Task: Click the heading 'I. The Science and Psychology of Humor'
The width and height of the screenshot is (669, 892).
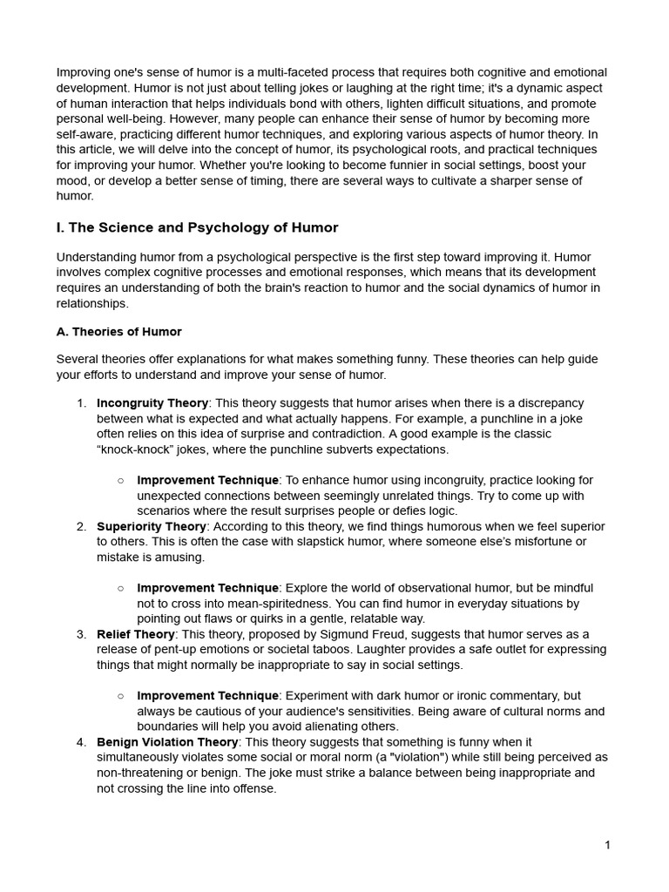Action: point(197,228)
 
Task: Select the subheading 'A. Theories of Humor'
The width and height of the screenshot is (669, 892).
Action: point(119,332)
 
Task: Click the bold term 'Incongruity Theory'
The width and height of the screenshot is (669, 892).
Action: point(152,403)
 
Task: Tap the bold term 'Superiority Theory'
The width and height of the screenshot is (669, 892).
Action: point(152,527)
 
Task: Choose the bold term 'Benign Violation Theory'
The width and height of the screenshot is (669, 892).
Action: point(167,742)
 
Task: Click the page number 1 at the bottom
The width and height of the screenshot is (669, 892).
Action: point(607,845)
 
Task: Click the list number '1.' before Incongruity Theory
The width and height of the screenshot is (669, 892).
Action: point(81,403)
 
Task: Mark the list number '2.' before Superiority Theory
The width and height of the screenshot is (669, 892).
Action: point(81,527)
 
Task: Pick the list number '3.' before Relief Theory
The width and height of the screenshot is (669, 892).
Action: point(81,634)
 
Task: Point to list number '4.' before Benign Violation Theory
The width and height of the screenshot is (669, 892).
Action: point(81,742)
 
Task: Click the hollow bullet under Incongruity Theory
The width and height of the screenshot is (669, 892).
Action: point(120,481)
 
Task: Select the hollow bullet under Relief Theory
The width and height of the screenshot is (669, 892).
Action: point(120,696)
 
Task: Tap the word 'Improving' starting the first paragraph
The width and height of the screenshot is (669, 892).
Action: point(84,72)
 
